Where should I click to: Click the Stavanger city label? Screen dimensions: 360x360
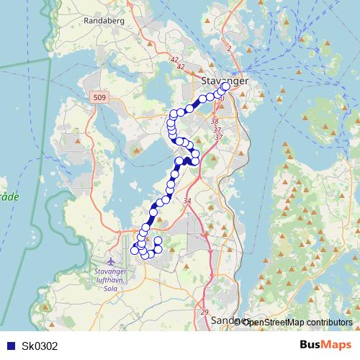225,81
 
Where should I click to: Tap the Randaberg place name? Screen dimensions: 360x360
105,21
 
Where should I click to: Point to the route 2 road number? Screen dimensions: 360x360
228,48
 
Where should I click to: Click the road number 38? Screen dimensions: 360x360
215,122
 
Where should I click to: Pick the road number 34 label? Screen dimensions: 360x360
188,201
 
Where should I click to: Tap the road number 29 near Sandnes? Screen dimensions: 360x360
204,312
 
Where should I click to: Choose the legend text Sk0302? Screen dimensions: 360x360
40,346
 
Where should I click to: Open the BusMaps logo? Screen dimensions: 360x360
325,345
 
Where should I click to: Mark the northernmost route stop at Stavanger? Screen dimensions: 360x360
225,86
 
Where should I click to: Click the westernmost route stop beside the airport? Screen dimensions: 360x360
134,251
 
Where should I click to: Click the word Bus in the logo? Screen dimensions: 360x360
310,345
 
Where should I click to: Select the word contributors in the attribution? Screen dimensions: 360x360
327,322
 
